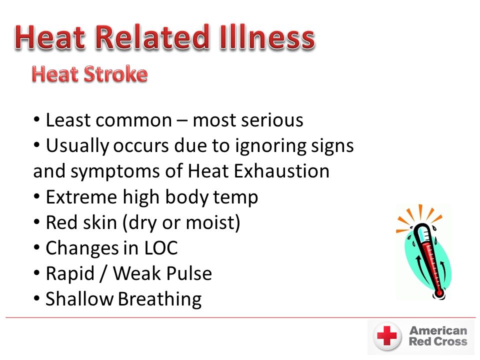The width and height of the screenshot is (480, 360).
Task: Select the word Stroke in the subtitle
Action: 115,74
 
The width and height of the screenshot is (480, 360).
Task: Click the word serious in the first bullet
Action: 272,120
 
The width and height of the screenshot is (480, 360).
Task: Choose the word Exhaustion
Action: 281,171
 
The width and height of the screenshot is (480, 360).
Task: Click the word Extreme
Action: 81,197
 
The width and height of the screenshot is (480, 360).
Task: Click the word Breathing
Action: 160,299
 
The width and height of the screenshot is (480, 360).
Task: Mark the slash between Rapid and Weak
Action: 103,273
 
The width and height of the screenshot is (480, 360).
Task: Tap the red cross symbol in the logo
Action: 387,336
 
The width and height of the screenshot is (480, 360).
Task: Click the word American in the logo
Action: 438,330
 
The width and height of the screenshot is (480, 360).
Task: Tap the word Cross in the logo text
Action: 450,341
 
